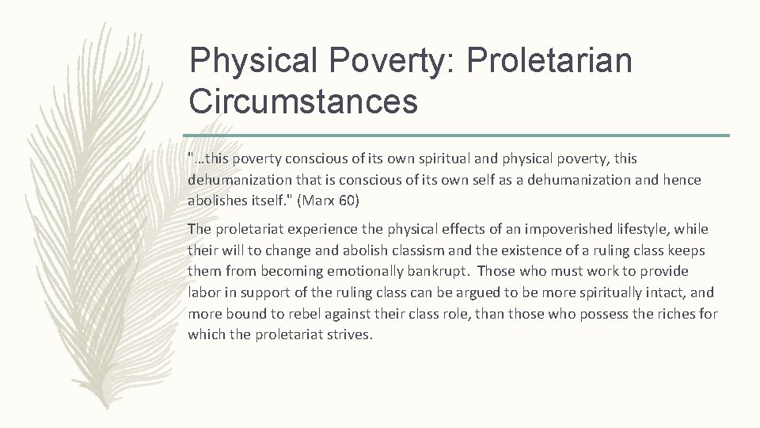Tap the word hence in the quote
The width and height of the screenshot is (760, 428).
pyautogui.click(x=683, y=182)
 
